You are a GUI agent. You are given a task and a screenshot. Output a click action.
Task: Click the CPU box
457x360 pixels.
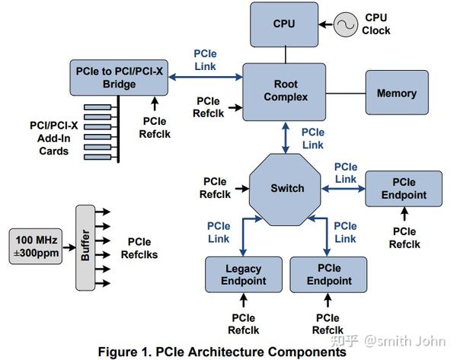click(x=283, y=24)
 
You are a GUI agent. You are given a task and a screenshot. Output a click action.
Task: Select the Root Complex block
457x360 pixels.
click(x=286, y=91)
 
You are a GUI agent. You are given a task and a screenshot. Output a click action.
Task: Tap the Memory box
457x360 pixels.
click(x=396, y=94)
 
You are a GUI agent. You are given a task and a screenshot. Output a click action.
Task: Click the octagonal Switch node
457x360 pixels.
click(x=287, y=188)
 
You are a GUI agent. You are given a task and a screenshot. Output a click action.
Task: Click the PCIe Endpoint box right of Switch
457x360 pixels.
click(x=404, y=189)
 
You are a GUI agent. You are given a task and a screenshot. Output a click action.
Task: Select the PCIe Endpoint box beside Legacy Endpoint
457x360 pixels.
click(x=328, y=276)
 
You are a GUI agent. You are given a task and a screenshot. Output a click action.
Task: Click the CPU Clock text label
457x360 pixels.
click(x=376, y=24)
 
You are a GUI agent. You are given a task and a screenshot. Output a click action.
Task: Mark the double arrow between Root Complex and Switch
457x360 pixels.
click(x=286, y=138)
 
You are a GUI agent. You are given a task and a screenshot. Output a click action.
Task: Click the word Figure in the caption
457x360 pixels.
click(x=118, y=352)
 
